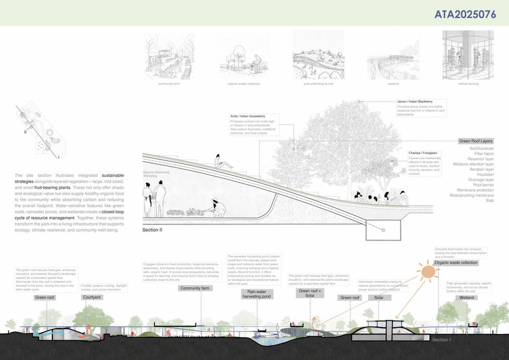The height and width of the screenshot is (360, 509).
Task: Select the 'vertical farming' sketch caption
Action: (x=468, y=83)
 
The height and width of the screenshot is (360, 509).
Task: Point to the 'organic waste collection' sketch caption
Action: (x=243, y=83)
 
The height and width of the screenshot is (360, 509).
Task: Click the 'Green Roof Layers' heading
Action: (x=476, y=141)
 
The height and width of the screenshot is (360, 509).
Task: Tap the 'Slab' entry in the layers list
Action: (x=489, y=200)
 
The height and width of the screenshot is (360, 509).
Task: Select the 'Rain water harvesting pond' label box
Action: (x=245, y=294)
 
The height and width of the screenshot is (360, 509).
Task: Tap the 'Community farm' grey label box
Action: (x=194, y=288)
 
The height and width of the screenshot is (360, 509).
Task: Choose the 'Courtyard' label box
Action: (x=92, y=297)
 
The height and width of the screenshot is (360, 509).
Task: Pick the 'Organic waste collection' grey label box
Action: (x=456, y=262)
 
